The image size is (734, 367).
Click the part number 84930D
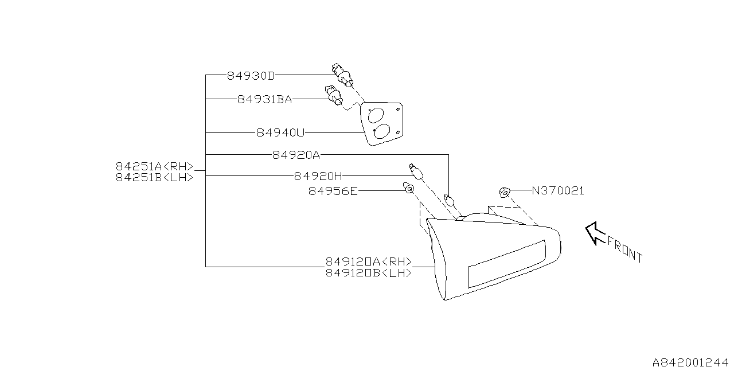tap(251, 76)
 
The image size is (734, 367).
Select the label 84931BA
tap(264, 99)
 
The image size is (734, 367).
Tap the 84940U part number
tap(280, 132)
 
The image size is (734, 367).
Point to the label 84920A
tap(296, 155)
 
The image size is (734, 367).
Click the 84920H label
tap(318, 176)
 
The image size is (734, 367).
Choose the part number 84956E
tap(333, 191)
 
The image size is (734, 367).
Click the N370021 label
tap(558, 191)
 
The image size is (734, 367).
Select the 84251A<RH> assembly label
tap(155, 166)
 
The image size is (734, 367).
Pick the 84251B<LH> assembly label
tap(155, 177)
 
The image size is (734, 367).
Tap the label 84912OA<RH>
tap(369, 261)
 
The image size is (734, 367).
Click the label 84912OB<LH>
tap(369, 272)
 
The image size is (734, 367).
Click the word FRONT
tap(625, 249)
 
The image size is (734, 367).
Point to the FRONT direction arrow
tap(595, 233)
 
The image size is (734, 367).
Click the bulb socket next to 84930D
tap(343, 76)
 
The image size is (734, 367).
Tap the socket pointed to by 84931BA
tap(334, 95)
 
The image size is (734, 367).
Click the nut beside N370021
tap(505, 192)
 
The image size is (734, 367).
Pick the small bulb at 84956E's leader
tap(408, 188)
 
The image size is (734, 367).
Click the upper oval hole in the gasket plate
tap(376, 115)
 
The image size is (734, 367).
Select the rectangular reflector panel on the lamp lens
tap(507, 264)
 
